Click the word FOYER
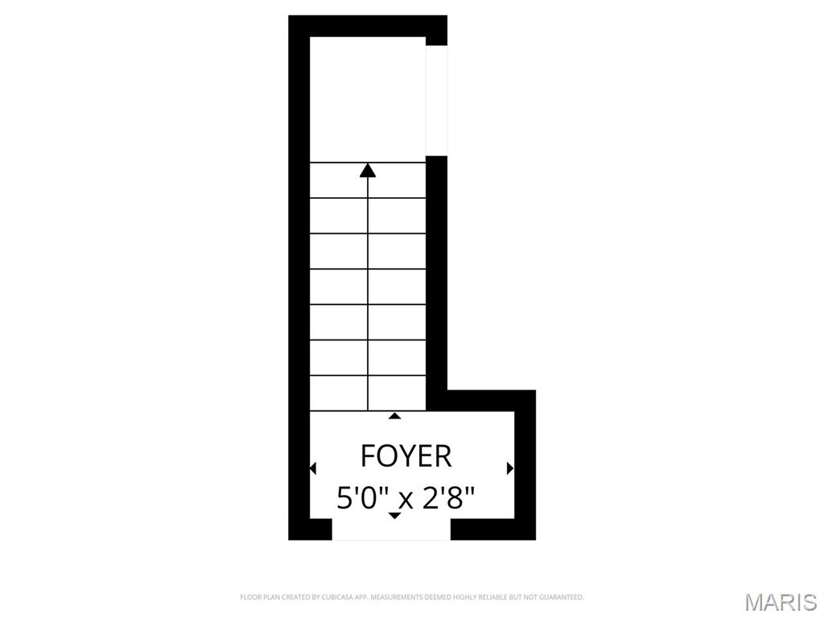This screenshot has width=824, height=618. pos(406,455)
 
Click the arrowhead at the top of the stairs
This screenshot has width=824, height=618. pos(368,170)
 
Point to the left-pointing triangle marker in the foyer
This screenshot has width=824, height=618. pos(313,468)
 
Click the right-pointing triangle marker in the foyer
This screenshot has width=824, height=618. pos(509,468)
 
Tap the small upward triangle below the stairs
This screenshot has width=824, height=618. pos(394,416)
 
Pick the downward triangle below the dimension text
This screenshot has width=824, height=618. pos(394,516)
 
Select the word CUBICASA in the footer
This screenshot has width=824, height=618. pos(340,597)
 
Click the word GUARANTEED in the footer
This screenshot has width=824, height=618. pos(564,597)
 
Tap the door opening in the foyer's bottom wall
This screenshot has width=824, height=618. pos(392,529)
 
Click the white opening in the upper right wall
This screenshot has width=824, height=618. pos(436,101)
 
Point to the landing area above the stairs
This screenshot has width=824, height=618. pos(368,99)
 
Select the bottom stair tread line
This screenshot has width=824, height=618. pos(368,410)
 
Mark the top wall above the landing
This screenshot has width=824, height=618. pos(368,26)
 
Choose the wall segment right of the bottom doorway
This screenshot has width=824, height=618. pos(493,529)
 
